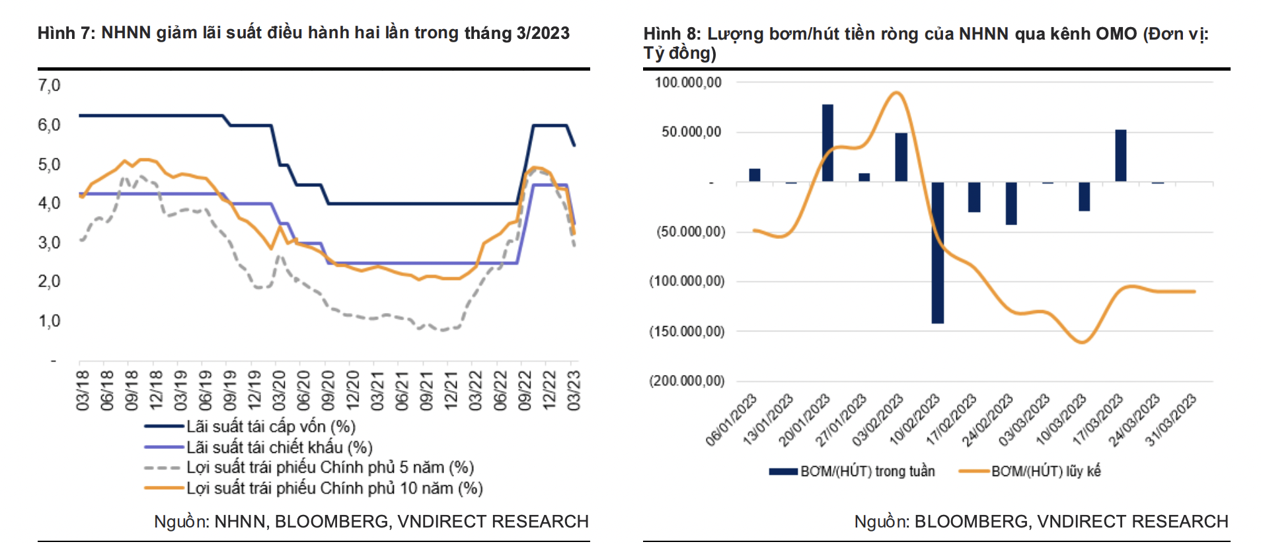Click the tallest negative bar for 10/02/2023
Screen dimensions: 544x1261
coord(937,252)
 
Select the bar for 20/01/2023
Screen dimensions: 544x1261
coord(827,143)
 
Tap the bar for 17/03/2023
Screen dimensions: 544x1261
coord(1120,155)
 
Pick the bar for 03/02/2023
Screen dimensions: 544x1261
coord(901,157)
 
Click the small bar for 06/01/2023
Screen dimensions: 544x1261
coord(754,175)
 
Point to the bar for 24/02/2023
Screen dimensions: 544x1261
coord(1011,203)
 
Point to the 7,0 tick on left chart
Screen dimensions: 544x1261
coord(49,85)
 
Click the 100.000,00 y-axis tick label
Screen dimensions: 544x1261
coord(688,83)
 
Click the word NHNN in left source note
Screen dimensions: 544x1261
coord(241,522)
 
